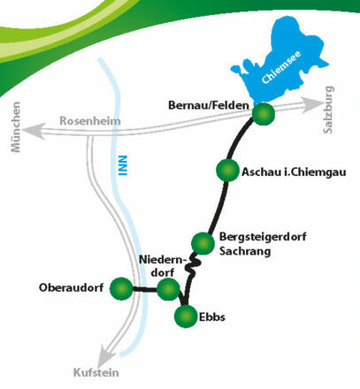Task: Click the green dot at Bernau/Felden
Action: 263,114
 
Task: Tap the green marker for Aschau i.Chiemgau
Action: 228,171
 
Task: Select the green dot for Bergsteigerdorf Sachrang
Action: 203,241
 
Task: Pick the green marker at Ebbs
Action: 187,317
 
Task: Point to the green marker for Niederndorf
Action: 168,288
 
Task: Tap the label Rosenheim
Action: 89,122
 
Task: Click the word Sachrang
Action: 243,253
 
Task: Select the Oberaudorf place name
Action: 72,288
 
